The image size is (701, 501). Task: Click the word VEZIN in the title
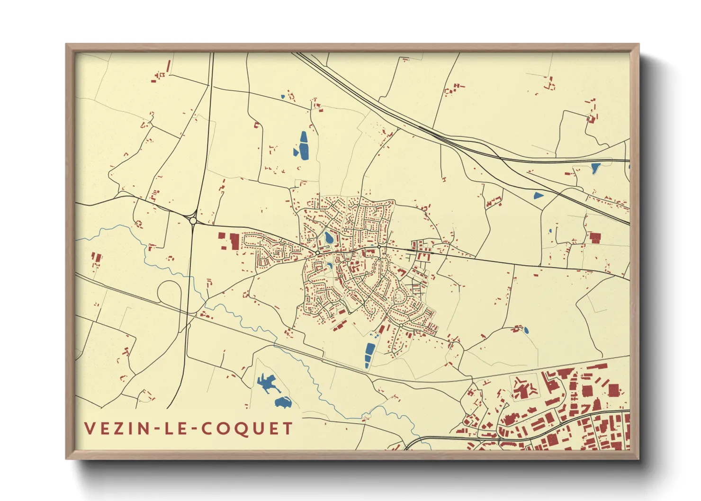[x=114, y=429]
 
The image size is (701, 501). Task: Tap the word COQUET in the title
[x=247, y=429]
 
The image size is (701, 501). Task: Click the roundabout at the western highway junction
[x=193, y=220]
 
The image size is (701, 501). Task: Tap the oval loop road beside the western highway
[x=169, y=294]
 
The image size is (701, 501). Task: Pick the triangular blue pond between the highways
[x=538, y=195]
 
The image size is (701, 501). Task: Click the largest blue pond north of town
[x=303, y=145]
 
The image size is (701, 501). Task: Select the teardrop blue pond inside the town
[x=328, y=238]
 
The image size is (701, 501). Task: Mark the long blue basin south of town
[x=369, y=355]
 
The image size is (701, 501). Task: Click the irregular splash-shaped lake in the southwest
[x=267, y=383]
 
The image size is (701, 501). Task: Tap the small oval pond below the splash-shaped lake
[x=283, y=403]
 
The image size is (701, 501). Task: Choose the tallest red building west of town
[x=234, y=241]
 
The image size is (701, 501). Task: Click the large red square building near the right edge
[x=594, y=238]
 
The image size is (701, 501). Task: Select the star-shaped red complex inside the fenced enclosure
[x=523, y=390]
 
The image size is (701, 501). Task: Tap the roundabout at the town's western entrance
[x=317, y=253]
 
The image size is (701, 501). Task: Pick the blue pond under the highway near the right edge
[x=595, y=167]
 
